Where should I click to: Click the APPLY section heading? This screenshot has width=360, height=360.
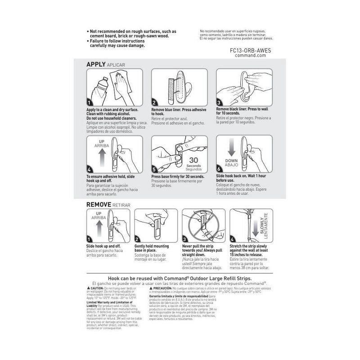tap(95, 65)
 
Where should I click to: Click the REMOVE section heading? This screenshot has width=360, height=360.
tap(98, 205)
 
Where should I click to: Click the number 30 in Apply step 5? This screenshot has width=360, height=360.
tap(194, 160)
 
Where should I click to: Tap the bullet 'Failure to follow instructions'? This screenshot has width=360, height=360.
tap(119, 41)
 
